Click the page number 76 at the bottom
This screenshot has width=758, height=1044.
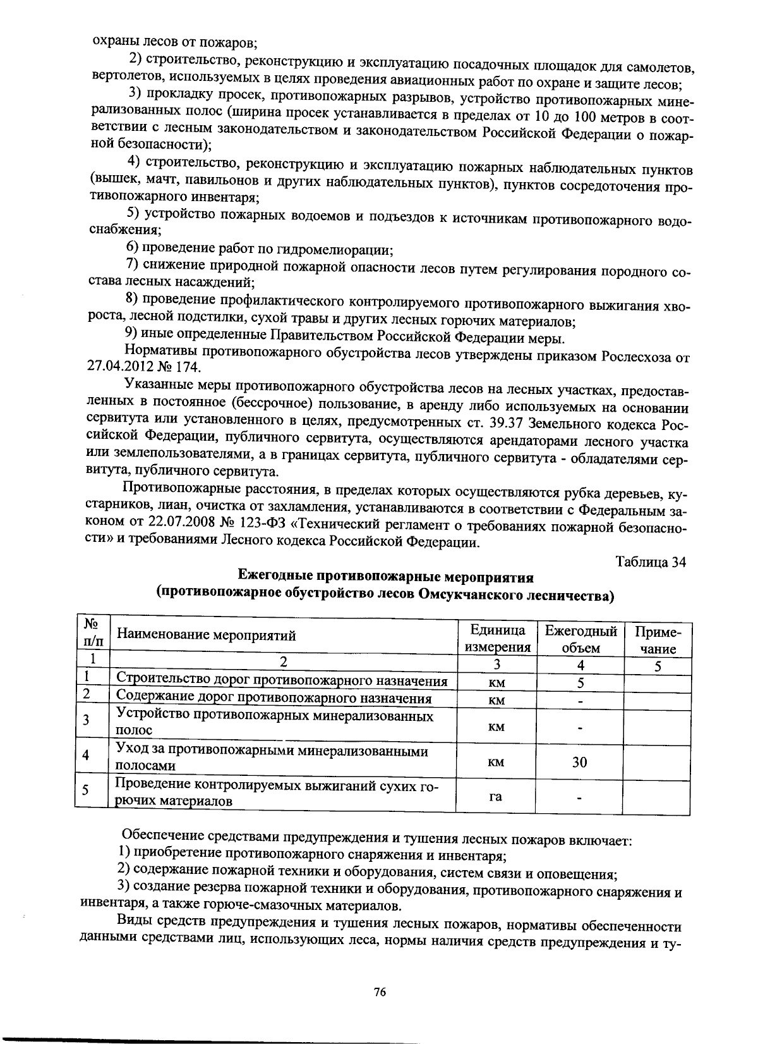tap(380, 992)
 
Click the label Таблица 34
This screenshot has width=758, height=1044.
tap(651, 562)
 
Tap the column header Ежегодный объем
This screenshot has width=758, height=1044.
tap(580, 639)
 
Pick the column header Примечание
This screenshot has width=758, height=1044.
tap(657, 640)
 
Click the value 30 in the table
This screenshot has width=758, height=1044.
tap(579, 762)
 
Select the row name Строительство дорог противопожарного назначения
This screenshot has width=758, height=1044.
tap(282, 680)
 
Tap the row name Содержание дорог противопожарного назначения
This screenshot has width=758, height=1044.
tap(274, 698)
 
